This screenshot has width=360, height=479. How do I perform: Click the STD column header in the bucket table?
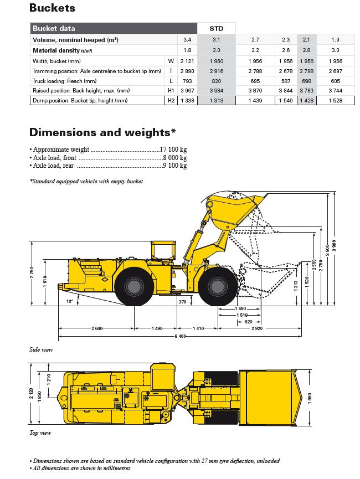217,28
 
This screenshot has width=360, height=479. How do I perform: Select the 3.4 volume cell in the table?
187,40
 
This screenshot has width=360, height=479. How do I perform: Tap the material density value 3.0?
336,50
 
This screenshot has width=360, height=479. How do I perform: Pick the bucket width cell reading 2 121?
187,60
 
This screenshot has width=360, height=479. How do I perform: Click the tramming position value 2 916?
217,71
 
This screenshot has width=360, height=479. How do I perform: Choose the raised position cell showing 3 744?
336,91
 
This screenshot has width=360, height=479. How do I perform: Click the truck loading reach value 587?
286,81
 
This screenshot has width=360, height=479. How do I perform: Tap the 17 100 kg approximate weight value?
173,150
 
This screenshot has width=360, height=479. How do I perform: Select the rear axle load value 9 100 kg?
174,166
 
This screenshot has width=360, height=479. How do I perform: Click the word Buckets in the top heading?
52,8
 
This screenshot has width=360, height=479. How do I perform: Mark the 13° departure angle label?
69,302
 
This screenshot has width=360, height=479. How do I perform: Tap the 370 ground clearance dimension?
182,302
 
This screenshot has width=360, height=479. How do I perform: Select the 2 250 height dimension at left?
34,273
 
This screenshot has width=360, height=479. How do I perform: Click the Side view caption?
40,350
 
